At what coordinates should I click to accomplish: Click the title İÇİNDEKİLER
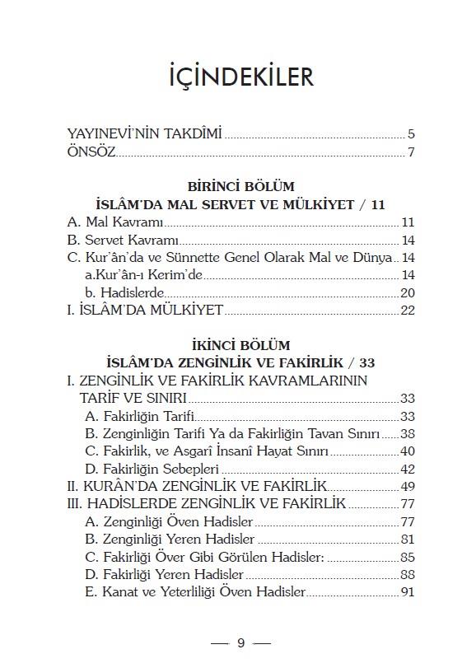pyautogui.click(x=237, y=77)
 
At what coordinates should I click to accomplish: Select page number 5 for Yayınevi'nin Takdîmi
pyautogui.click(x=410, y=134)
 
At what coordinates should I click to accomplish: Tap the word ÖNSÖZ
pyautogui.click(x=91, y=152)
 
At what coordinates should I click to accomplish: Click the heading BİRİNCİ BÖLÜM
pyautogui.click(x=240, y=187)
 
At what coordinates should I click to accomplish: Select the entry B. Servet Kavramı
pyautogui.click(x=122, y=241)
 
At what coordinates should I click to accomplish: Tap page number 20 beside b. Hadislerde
pyautogui.click(x=407, y=293)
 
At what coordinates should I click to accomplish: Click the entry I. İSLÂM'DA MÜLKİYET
pyautogui.click(x=145, y=311)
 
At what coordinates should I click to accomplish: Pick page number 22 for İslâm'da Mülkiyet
pyautogui.click(x=407, y=311)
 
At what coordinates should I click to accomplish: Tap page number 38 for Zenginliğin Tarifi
pyautogui.click(x=407, y=433)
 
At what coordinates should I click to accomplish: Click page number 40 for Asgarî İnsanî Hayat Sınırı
pyautogui.click(x=407, y=451)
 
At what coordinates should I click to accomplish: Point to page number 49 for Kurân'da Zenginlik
pyautogui.click(x=407, y=487)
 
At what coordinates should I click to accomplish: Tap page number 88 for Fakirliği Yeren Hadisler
pyautogui.click(x=407, y=575)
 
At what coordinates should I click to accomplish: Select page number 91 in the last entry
pyautogui.click(x=407, y=592)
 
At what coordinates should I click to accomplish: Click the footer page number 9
pyautogui.click(x=240, y=643)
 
